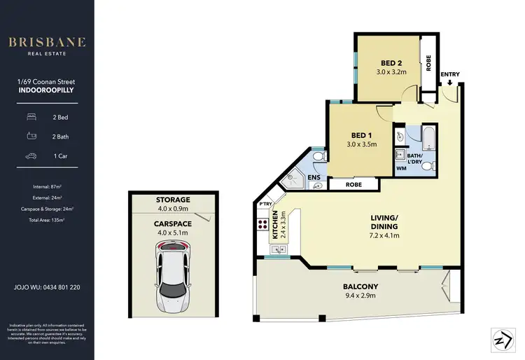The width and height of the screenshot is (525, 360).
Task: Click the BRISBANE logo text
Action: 47,41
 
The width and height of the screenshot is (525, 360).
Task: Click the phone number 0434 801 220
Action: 59,287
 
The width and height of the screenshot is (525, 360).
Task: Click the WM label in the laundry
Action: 401,169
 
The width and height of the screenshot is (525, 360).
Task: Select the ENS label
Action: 314,178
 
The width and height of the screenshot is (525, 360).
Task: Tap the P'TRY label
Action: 265,204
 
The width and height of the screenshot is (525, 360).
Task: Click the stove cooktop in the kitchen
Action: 265,226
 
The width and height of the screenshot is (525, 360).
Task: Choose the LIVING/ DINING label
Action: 384,221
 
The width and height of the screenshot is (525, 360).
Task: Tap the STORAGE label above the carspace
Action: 172,200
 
